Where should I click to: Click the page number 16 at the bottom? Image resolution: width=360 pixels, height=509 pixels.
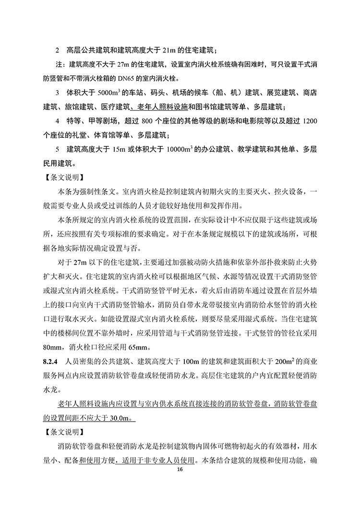[180, 469]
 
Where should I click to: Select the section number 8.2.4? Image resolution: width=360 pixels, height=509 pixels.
[50, 361]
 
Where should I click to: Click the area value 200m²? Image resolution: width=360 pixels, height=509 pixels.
[295, 361]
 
